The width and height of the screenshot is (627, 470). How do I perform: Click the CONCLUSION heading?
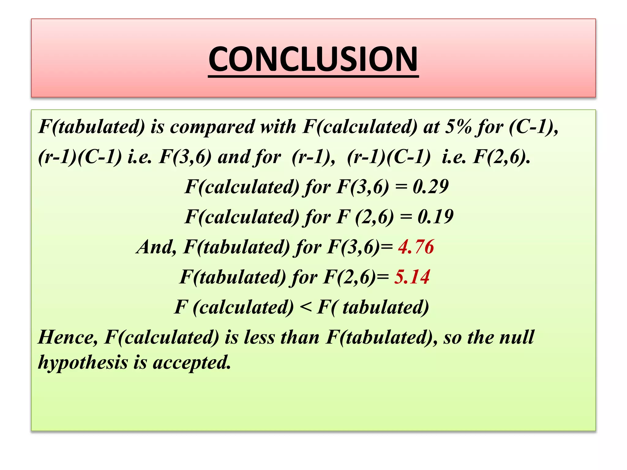click(313, 59)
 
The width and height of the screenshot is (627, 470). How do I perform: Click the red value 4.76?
click(416, 247)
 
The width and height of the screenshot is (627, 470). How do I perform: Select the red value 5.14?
click(412, 277)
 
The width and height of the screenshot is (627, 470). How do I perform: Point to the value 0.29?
click(430, 187)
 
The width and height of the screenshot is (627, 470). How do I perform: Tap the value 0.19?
click(435, 217)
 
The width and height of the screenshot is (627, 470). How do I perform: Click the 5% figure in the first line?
click(458, 127)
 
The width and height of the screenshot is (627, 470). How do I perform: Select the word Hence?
click(68, 337)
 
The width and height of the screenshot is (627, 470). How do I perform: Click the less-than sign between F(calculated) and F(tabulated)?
click(306, 307)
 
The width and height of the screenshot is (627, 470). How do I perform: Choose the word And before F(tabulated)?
click(156, 247)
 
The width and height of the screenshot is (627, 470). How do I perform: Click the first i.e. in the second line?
click(140, 157)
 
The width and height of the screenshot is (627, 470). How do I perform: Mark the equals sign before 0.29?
click(401, 187)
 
